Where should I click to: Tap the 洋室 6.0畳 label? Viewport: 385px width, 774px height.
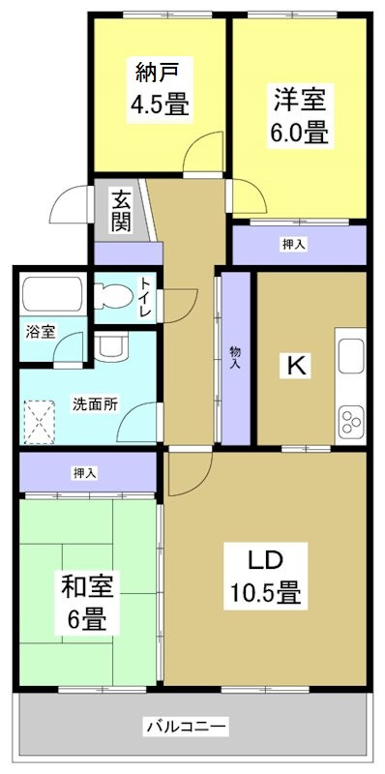coord(300,114)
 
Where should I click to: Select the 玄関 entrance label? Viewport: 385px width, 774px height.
coord(121,211)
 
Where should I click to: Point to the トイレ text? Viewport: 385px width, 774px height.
coord(145,299)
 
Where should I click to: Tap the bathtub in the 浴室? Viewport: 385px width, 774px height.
coord(53,293)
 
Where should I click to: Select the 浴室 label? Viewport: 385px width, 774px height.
coord(41,331)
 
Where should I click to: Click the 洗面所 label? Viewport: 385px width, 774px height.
coord(95,404)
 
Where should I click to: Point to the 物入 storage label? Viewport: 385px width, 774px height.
coord(234,358)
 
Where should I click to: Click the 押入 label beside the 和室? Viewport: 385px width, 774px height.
coord(85,473)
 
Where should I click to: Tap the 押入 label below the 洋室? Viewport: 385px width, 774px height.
coord(294,245)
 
